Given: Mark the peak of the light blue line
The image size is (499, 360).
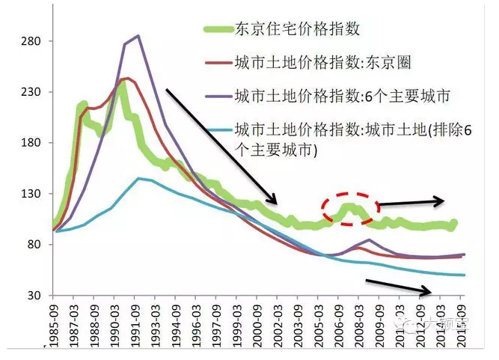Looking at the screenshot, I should coord(139,178).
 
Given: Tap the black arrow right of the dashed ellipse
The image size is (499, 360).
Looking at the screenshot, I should coord(411,201).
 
